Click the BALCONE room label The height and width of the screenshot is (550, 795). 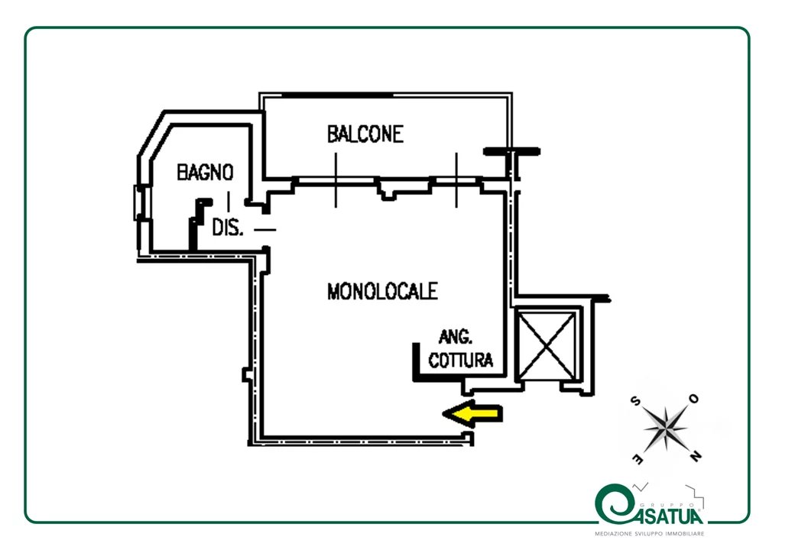[365, 134]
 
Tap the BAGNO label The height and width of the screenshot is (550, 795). [205, 172]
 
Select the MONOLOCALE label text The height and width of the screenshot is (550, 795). [382, 291]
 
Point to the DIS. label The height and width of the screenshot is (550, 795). [227, 228]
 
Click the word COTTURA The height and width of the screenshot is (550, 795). [460, 360]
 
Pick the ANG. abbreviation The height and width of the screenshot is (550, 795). [456, 336]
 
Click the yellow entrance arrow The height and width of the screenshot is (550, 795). [472, 413]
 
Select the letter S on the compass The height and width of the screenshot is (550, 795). [634, 401]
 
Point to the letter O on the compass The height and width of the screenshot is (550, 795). [693, 399]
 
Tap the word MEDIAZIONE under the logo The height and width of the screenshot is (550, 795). [614, 534]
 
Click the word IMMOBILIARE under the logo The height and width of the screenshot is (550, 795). [685, 534]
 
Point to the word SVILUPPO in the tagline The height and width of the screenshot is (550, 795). [650, 534]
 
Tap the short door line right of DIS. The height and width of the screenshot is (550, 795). [264, 229]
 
